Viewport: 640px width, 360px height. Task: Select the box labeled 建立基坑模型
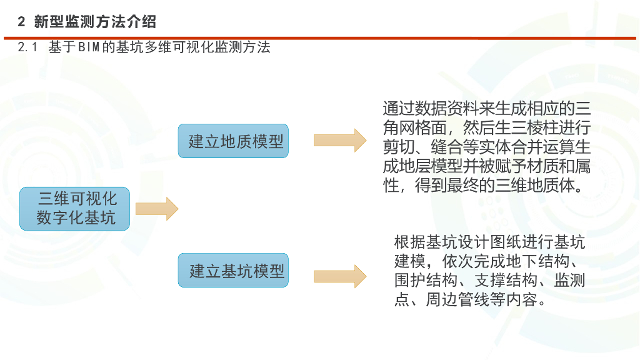(x=233, y=270)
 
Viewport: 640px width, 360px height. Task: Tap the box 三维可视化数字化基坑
(x=75, y=209)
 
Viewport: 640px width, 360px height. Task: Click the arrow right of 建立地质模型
(x=340, y=141)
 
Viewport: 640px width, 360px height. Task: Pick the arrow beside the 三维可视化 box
(x=157, y=209)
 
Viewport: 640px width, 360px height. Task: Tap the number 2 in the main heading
(x=21, y=22)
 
